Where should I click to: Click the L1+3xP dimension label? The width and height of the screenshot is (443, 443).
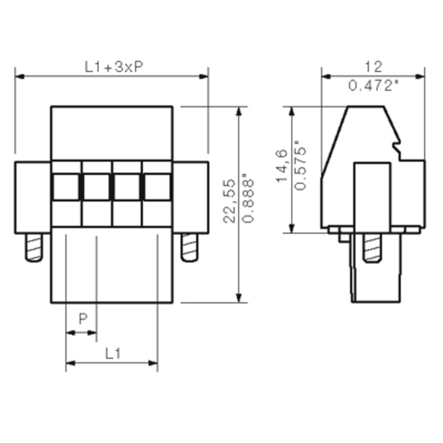[114, 67]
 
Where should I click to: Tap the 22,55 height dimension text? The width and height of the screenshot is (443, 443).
[229, 201]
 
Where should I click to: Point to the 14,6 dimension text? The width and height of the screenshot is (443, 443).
[282, 166]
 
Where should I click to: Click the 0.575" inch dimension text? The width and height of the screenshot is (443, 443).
[300, 165]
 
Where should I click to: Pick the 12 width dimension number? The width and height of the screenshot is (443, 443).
[374, 67]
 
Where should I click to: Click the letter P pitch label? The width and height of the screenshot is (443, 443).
[83, 319]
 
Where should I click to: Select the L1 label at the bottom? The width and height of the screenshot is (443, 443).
[113, 353]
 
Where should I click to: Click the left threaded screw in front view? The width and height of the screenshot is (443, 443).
[34, 248]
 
